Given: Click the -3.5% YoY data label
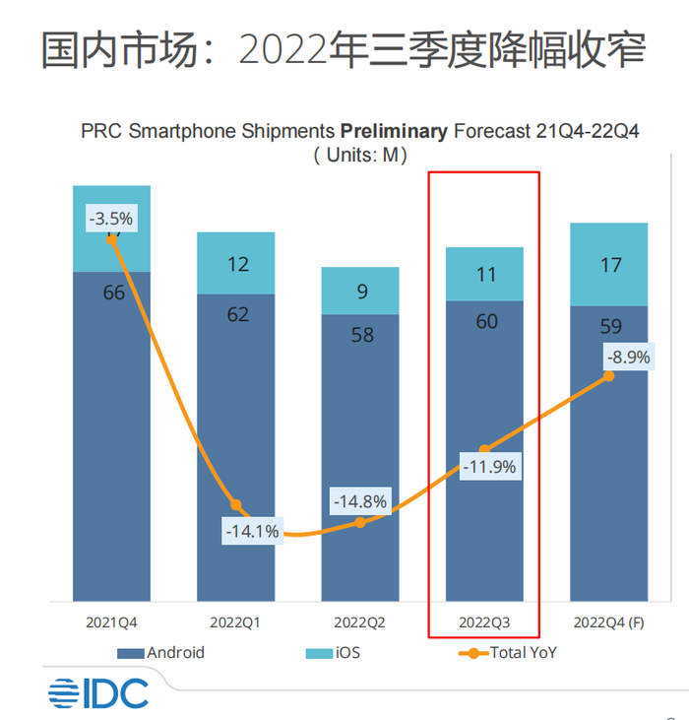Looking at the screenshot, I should [110, 219].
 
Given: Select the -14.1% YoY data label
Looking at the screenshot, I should [252, 531].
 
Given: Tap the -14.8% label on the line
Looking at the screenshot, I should [360, 500].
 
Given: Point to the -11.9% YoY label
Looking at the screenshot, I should [486, 467].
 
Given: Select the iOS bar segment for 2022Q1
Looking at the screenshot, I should [236, 263].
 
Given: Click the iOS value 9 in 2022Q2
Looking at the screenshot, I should [360, 291].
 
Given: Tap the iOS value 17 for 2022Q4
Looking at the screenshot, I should [609, 265].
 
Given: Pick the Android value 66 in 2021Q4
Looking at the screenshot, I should [113, 293].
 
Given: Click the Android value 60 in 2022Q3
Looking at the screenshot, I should [486, 321].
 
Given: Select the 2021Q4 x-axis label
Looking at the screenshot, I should [111, 622].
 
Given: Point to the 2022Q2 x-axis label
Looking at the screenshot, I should [360, 622].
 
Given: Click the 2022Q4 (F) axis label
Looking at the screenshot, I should [608, 622].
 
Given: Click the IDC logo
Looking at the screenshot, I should [97, 692].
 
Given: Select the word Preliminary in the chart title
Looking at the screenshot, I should [394, 131].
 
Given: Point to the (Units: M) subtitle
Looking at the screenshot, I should [360, 155].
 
